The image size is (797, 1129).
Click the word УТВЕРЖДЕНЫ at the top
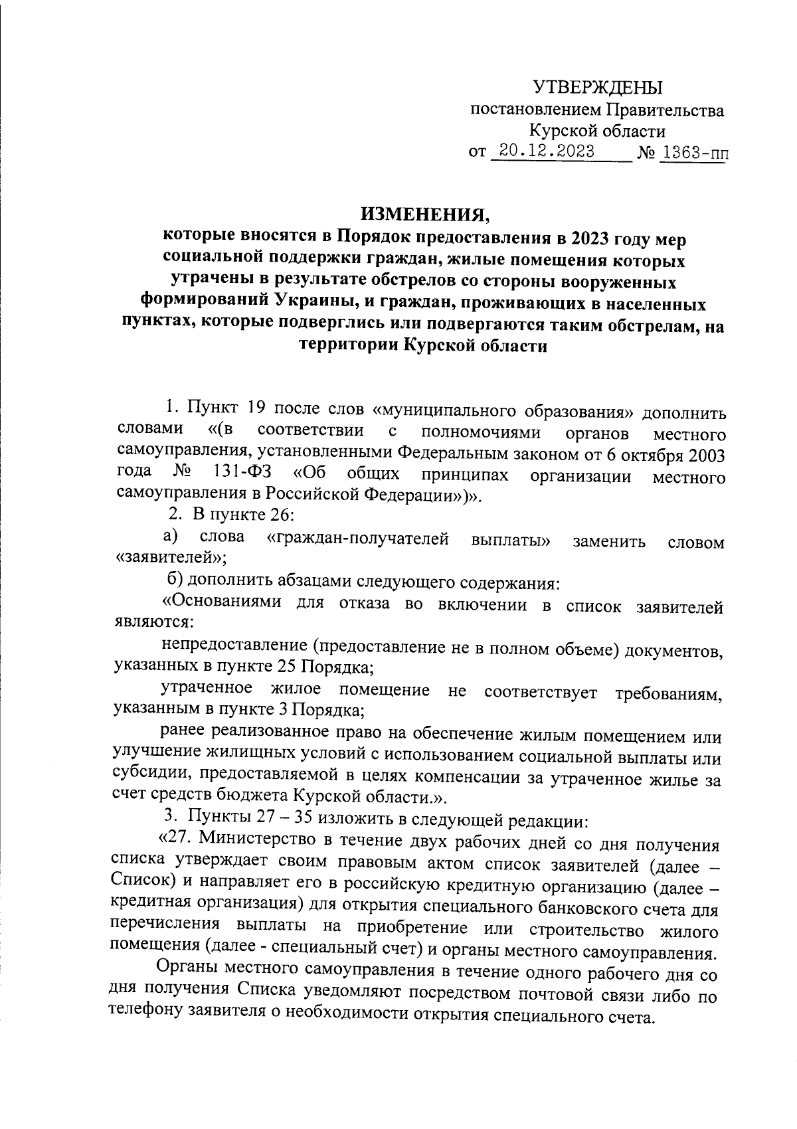click(598, 87)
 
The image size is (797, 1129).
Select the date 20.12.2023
click(547, 151)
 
